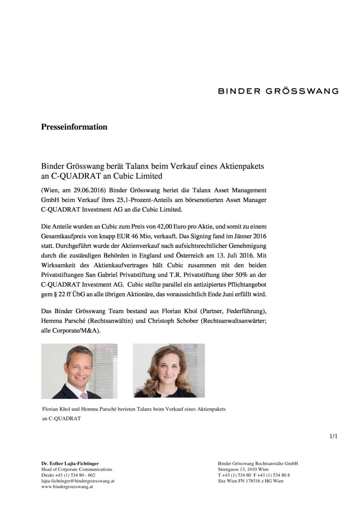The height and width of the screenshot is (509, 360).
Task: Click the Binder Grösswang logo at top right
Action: tap(278, 91)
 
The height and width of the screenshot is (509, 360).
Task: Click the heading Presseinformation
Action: tap(74, 127)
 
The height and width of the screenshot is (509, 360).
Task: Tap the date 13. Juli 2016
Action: tap(232, 255)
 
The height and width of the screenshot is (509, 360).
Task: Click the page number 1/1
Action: tap(333, 436)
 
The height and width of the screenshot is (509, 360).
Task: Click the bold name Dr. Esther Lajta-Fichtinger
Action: tap(70, 463)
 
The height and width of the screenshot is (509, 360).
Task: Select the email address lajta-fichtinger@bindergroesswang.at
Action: tap(78, 481)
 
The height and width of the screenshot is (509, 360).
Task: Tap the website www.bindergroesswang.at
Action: tap(67, 486)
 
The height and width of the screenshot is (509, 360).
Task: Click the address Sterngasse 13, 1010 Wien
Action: tap(243, 469)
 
